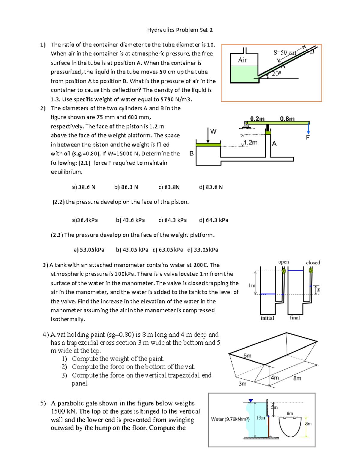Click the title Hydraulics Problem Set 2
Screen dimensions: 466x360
[180, 30]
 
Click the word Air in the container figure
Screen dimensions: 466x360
[242, 60]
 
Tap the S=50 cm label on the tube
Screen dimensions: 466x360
[284, 53]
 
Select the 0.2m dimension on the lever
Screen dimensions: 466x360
[257, 119]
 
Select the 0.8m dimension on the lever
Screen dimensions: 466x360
[287, 119]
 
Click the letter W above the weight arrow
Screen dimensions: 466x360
[213, 131]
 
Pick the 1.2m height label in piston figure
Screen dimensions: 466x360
[250, 143]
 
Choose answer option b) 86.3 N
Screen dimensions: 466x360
[126, 187]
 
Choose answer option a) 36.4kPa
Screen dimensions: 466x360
[85, 220]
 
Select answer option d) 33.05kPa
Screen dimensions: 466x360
[202, 250]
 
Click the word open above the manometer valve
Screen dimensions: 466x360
[283, 262]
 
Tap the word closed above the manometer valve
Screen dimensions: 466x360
[313, 263]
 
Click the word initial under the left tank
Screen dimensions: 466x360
[267, 318]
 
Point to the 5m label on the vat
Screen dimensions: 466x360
[247, 356]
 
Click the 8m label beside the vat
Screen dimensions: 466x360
[297, 378]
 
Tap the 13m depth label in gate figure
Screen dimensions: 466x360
[260, 418]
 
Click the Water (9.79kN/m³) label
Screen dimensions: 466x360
[230, 419]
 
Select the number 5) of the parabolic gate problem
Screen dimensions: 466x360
[43, 403]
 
